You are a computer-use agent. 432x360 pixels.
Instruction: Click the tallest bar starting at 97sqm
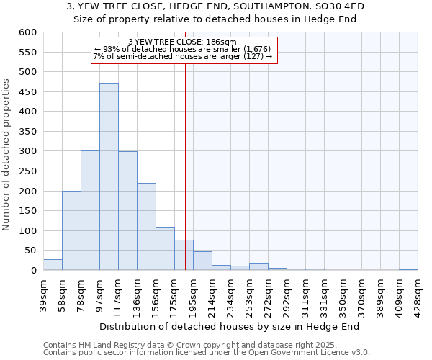[109, 176]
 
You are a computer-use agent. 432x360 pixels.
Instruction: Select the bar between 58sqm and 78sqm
[71, 230]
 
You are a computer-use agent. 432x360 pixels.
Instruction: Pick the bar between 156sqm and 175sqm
[165, 248]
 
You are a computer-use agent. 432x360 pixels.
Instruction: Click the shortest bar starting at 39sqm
[53, 265]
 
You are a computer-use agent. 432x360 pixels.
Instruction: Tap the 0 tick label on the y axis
[32, 271]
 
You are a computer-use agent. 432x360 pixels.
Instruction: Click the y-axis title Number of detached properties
[7, 155]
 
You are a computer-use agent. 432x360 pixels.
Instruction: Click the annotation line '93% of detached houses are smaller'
[183, 49]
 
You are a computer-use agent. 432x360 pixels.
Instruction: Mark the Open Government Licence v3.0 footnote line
[207, 352]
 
